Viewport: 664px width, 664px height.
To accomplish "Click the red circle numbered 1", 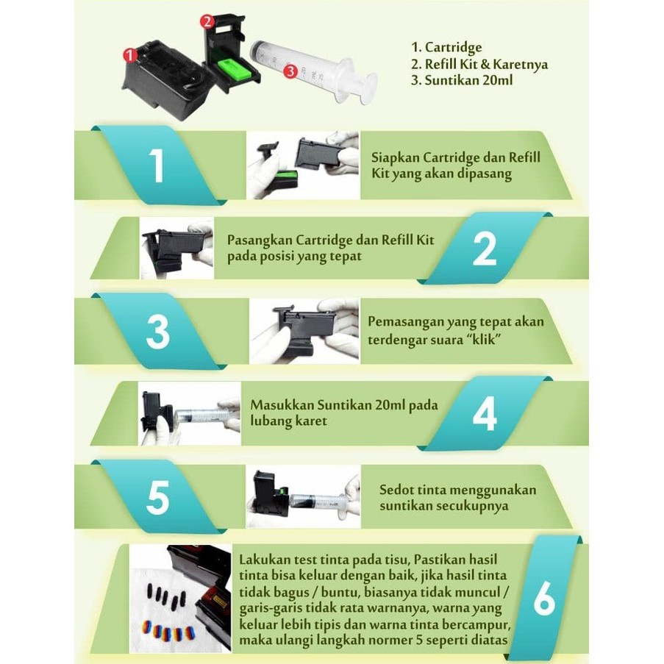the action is (130, 55).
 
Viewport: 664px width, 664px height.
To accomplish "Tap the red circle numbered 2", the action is (207, 21).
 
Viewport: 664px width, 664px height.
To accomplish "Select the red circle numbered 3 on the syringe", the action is (290, 71).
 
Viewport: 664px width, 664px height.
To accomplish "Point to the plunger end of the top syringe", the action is (369, 88).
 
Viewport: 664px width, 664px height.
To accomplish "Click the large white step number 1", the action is (157, 165).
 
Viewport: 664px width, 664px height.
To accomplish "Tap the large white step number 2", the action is (485, 249).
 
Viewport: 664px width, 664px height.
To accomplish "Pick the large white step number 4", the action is (485, 414).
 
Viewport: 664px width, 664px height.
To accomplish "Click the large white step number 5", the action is (157, 498).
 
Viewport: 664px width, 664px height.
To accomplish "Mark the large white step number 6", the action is (544, 599).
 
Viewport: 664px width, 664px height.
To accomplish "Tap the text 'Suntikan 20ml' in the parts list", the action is (468, 80).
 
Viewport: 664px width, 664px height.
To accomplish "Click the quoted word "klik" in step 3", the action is (481, 339).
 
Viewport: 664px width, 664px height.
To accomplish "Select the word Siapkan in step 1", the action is (395, 158).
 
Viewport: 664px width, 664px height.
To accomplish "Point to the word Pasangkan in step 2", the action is (259, 240).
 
